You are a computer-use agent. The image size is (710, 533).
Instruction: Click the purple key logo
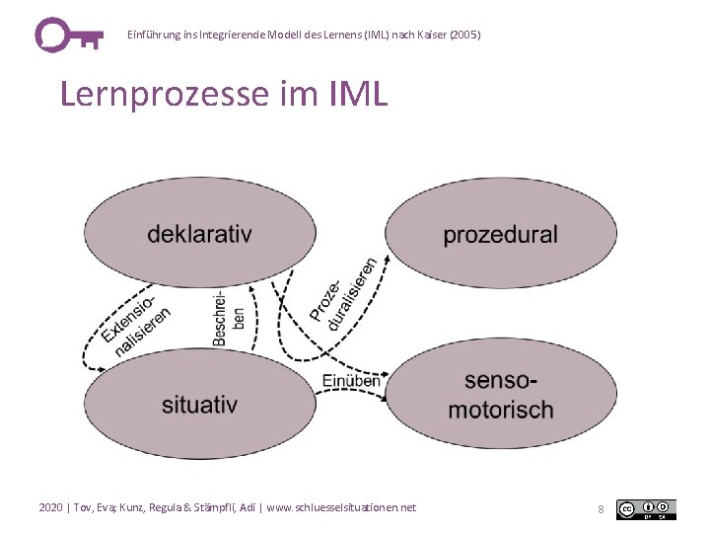point(67,35)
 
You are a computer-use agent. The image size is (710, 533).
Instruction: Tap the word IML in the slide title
point(352,95)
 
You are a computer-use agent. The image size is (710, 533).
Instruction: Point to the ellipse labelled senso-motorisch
point(501,395)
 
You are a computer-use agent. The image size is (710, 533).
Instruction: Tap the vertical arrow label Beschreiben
point(228,318)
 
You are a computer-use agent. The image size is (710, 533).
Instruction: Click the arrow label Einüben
point(350,381)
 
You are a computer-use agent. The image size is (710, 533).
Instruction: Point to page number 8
point(601,509)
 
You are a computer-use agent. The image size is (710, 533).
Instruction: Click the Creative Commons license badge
point(646,509)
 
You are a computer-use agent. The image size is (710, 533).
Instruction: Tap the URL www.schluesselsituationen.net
point(341,507)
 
